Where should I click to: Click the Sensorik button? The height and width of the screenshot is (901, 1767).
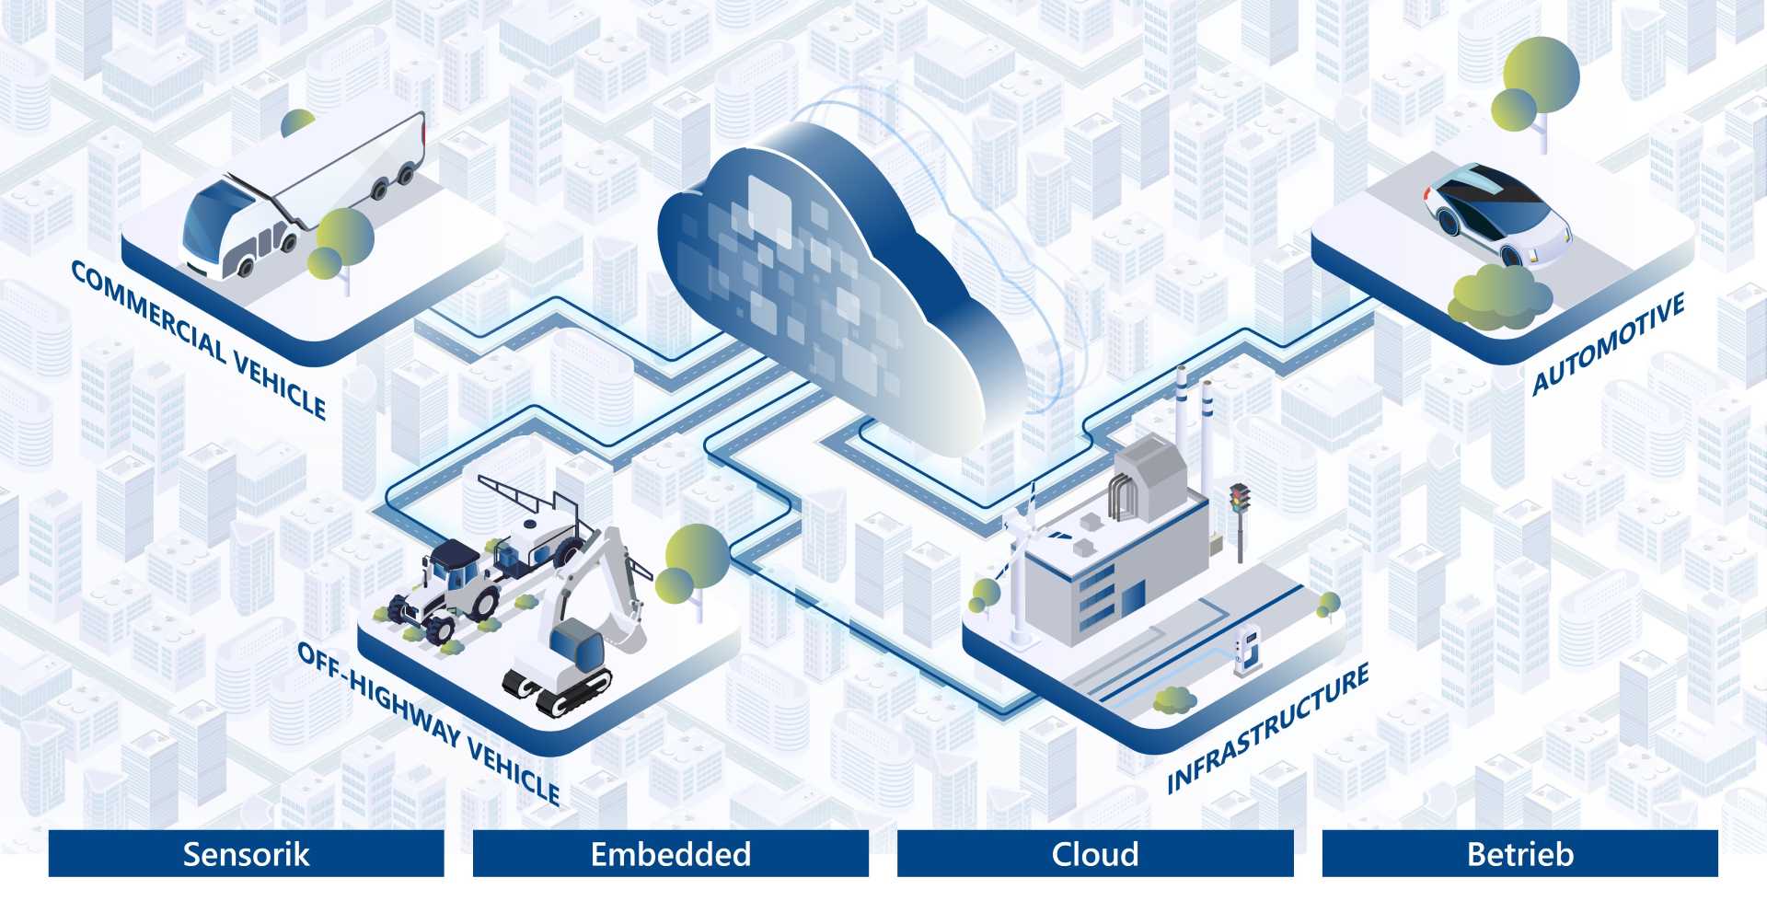(246, 853)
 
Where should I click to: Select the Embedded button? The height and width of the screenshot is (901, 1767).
(670, 853)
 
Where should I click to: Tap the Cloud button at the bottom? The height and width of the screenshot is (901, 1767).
(1095, 853)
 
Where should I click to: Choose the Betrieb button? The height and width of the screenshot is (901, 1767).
(1519, 853)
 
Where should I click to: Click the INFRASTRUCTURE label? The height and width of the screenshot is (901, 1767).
(1267, 728)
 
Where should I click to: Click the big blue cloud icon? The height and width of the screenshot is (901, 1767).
(828, 285)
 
